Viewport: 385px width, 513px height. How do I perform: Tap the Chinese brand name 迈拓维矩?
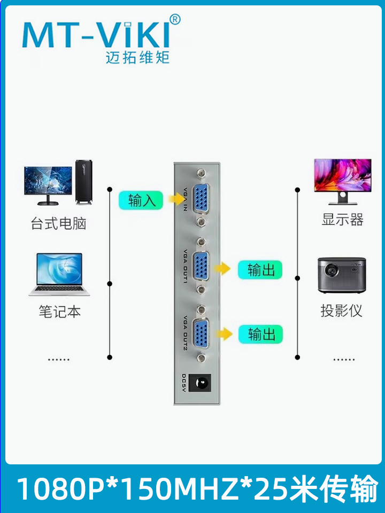point(137,56)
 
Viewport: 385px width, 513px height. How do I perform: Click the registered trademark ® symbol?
point(175,20)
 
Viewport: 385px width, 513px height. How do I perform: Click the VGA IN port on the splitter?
point(201,198)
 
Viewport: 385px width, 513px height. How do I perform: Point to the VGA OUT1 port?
point(201,266)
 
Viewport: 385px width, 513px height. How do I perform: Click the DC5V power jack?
point(203,383)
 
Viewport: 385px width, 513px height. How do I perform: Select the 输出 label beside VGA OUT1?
point(260,270)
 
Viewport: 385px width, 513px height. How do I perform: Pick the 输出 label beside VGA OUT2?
point(260,335)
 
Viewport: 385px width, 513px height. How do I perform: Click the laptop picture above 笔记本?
point(59,275)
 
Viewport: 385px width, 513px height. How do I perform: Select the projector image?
point(342,275)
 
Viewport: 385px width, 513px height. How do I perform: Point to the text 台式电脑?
point(58,223)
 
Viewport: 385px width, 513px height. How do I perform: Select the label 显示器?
point(342,220)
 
